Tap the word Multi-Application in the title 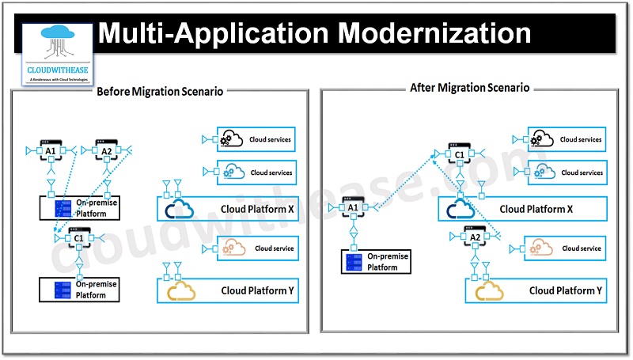[x=211, y=34]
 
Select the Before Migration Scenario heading [x=159, y=91]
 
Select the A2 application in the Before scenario [x=107, y=150]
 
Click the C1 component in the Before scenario [x=78, y=237]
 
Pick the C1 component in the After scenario [x=457, y=156]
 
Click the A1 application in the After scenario [x=353, y=207]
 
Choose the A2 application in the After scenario [x=475, y=237]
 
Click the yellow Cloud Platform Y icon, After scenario [x=491, y=291]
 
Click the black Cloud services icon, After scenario [x=542, y=139]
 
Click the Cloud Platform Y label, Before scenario [x=257, y=291]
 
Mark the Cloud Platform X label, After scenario [x=536, y=210]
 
